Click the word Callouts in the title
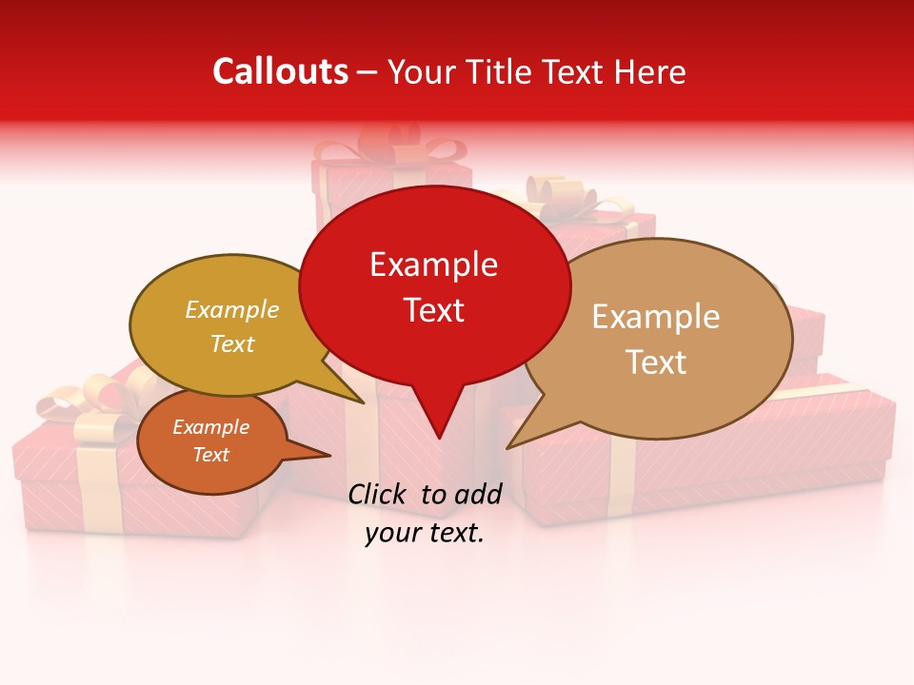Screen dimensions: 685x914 click(280, 71)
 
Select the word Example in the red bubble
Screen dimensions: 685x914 click(433, 264)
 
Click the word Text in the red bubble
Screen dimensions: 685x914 click(433, 309)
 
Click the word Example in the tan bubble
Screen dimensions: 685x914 click(656, 317)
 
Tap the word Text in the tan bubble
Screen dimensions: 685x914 click(656, 362)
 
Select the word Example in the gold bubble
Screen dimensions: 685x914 click(232, 309)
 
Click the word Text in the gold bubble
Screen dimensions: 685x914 click(232, 343)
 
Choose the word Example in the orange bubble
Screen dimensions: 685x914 click(210, 427)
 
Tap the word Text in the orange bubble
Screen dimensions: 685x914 click(210, 455)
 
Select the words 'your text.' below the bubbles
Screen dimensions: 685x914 click(425, 534)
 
